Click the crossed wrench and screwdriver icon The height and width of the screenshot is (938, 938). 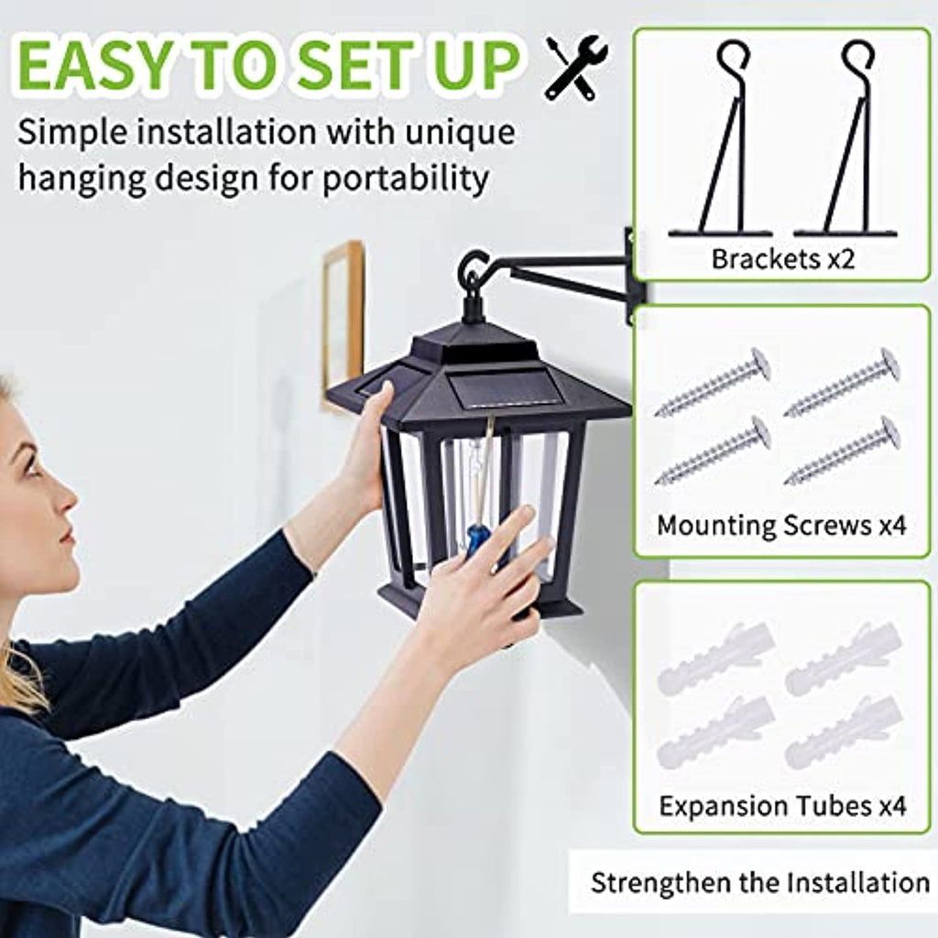(577, 68)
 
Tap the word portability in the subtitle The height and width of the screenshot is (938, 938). (406, 179)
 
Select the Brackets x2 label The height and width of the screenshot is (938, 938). (782, 259)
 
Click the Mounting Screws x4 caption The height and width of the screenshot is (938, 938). (781, 525)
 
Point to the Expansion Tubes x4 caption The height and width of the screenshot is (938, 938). (782, 806)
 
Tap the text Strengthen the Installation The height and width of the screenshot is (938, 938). (759, 883)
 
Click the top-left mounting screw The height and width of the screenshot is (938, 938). (713, 382)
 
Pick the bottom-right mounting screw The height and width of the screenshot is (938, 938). (843, 451)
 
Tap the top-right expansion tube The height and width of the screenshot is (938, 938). (843, 657)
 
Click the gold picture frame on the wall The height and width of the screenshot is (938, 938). (344, 323)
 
